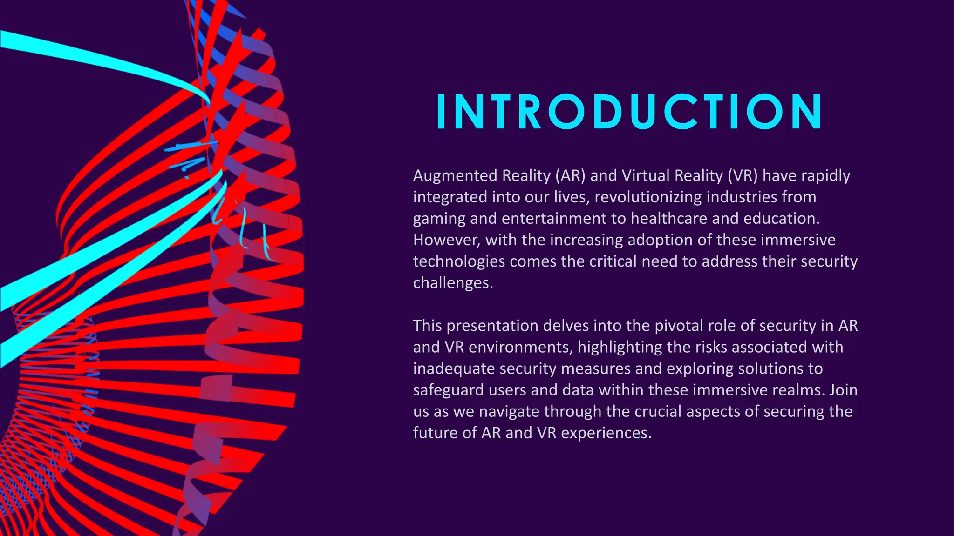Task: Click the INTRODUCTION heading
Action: coord(629,112)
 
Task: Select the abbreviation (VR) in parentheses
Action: coord(742,176)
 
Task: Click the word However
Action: coord(446,240)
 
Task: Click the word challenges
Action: coord(453,283)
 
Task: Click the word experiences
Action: coord(606,433)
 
